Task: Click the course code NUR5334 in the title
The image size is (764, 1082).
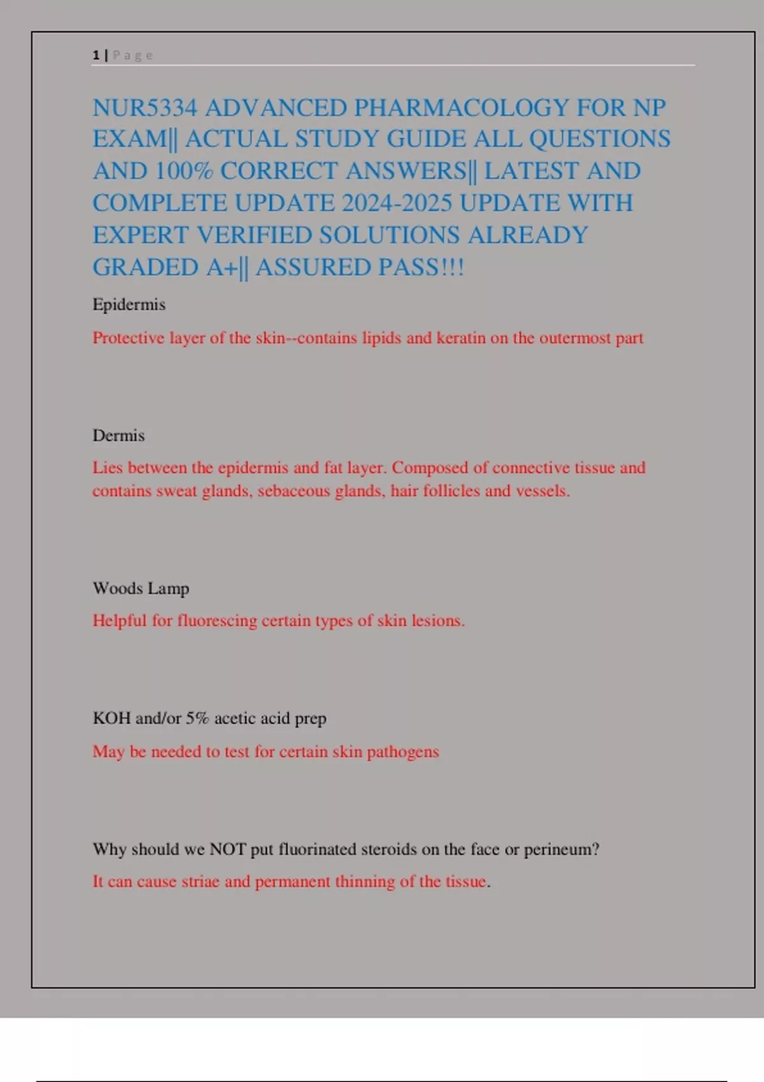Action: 145,108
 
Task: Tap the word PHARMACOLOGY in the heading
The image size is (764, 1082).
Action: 461,108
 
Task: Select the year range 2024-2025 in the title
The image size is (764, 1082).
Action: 397,203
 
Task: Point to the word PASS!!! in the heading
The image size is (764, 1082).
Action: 421,267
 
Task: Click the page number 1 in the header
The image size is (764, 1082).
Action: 96,55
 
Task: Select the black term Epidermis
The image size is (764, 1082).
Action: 129,304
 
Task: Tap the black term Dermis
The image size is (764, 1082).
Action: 118,435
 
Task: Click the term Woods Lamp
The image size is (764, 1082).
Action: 141,588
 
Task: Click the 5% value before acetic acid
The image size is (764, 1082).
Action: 197,718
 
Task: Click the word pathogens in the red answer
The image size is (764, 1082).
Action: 403,752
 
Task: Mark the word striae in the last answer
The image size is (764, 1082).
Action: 201,882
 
